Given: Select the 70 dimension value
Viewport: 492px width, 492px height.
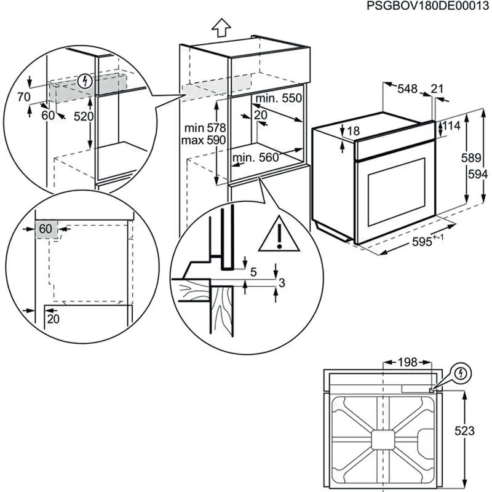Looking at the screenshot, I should pyautogui.click(x=23, y=97).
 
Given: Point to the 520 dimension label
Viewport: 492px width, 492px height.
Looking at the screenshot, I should pyautogui.click(x=83, y=116).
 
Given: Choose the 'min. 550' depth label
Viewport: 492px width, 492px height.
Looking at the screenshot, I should pyautogui.click(x=279, y=98).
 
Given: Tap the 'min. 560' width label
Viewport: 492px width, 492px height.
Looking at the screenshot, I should pyautogui.click(x=256, y=158).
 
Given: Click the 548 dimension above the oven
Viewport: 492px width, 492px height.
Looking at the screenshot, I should pyautogui.click(x=407, y=89).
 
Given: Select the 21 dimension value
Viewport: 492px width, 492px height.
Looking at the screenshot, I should pyautogui.click(x=437, y=89).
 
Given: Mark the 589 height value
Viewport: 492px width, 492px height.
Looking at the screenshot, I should pyautogui.click(x=471, y=158).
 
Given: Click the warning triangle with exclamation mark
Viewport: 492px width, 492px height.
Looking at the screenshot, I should pyautogui.click(x=279, y=235).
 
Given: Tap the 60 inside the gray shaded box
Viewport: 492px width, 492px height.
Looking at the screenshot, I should pyautogui.click(x=46, y=229).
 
